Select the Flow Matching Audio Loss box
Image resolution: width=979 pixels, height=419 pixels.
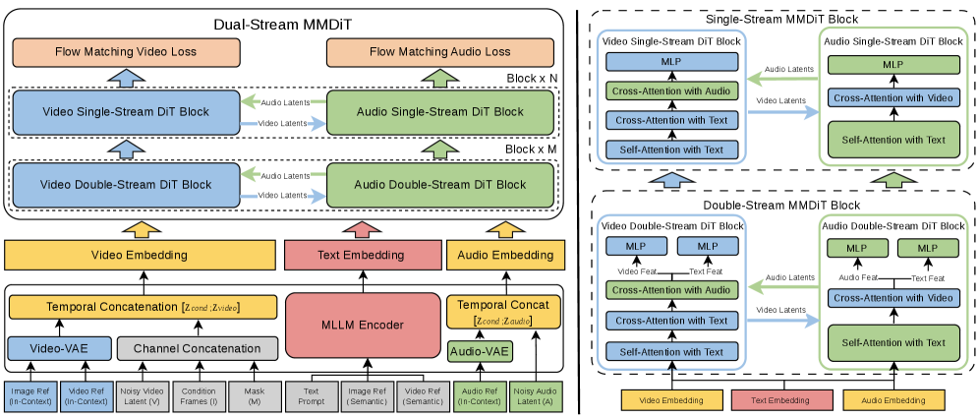pyautogui.click(x=440, y=51)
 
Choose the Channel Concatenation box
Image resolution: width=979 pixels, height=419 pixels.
pyautogui.click(x=197, y=348)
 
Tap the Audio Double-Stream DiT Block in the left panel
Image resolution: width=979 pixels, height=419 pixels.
pyautogui.click(x=438, y=184)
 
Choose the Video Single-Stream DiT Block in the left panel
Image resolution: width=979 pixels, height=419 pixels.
pyautogui.click(x=126, y=111)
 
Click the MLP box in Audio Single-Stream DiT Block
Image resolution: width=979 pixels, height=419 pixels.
pyautogui.click(x=893, y=64)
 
